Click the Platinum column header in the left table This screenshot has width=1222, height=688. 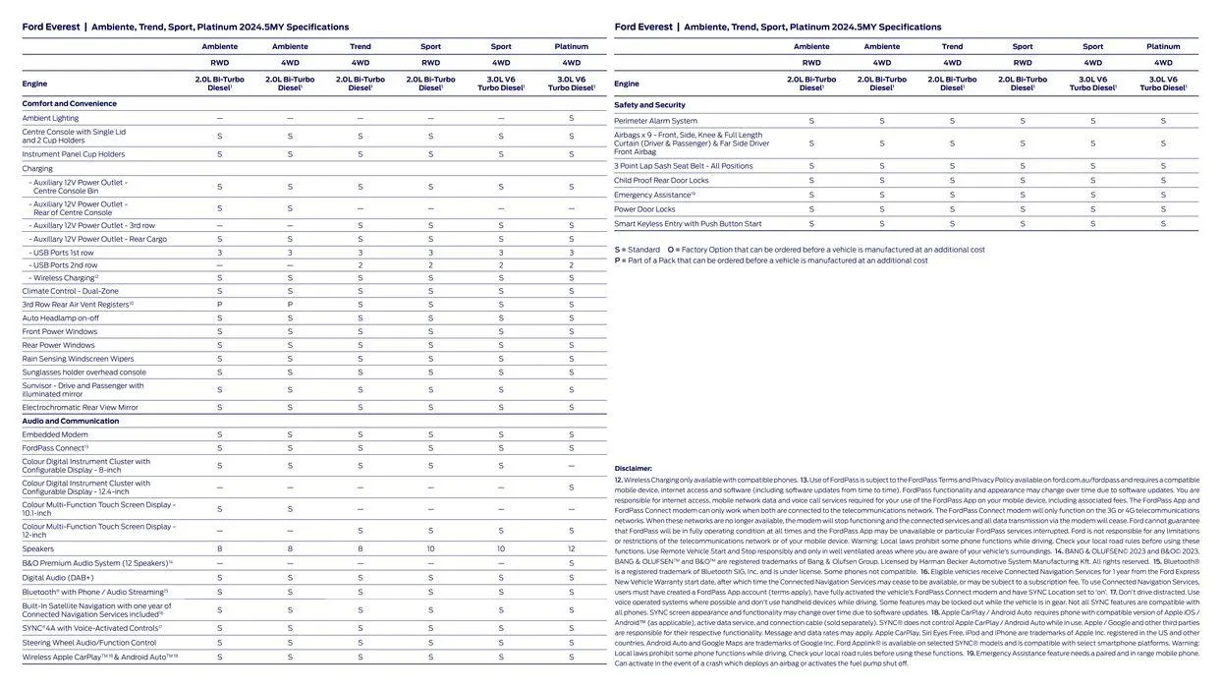tap(571, 46)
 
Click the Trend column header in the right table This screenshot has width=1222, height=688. tap(952, 46)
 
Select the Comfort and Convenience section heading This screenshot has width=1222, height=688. tap(69, 103)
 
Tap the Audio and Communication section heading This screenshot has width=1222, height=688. tap(70, 421)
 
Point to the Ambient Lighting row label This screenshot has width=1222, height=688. tap(50, 118)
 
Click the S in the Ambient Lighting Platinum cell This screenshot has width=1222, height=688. tap(571, 118)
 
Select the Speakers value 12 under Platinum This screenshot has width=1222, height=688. tap(571, 549)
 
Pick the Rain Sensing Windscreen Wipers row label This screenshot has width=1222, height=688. tap(78, 359)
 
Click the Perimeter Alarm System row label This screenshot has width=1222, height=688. tap(655, 121)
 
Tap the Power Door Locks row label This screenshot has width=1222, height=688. tap(644, 209)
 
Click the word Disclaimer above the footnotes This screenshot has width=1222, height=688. tap(634, 469)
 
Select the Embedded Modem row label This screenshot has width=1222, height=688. tap(55, 434)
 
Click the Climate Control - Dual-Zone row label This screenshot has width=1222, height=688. tap(70, 291)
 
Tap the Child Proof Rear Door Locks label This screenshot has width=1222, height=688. tap(661, 181)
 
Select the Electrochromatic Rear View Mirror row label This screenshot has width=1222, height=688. tap(80, 407)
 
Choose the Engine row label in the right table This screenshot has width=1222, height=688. tap(627, 84)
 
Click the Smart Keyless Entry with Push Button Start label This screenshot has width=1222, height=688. tap(688, 224)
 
